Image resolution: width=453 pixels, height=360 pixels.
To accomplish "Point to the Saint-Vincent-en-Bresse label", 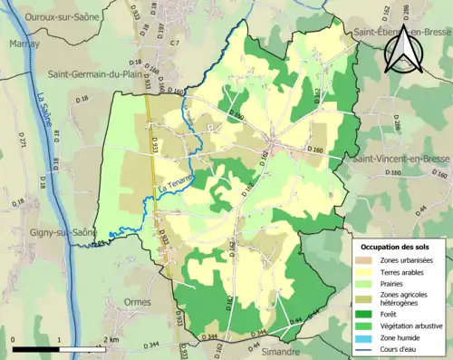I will coord(402,159).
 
